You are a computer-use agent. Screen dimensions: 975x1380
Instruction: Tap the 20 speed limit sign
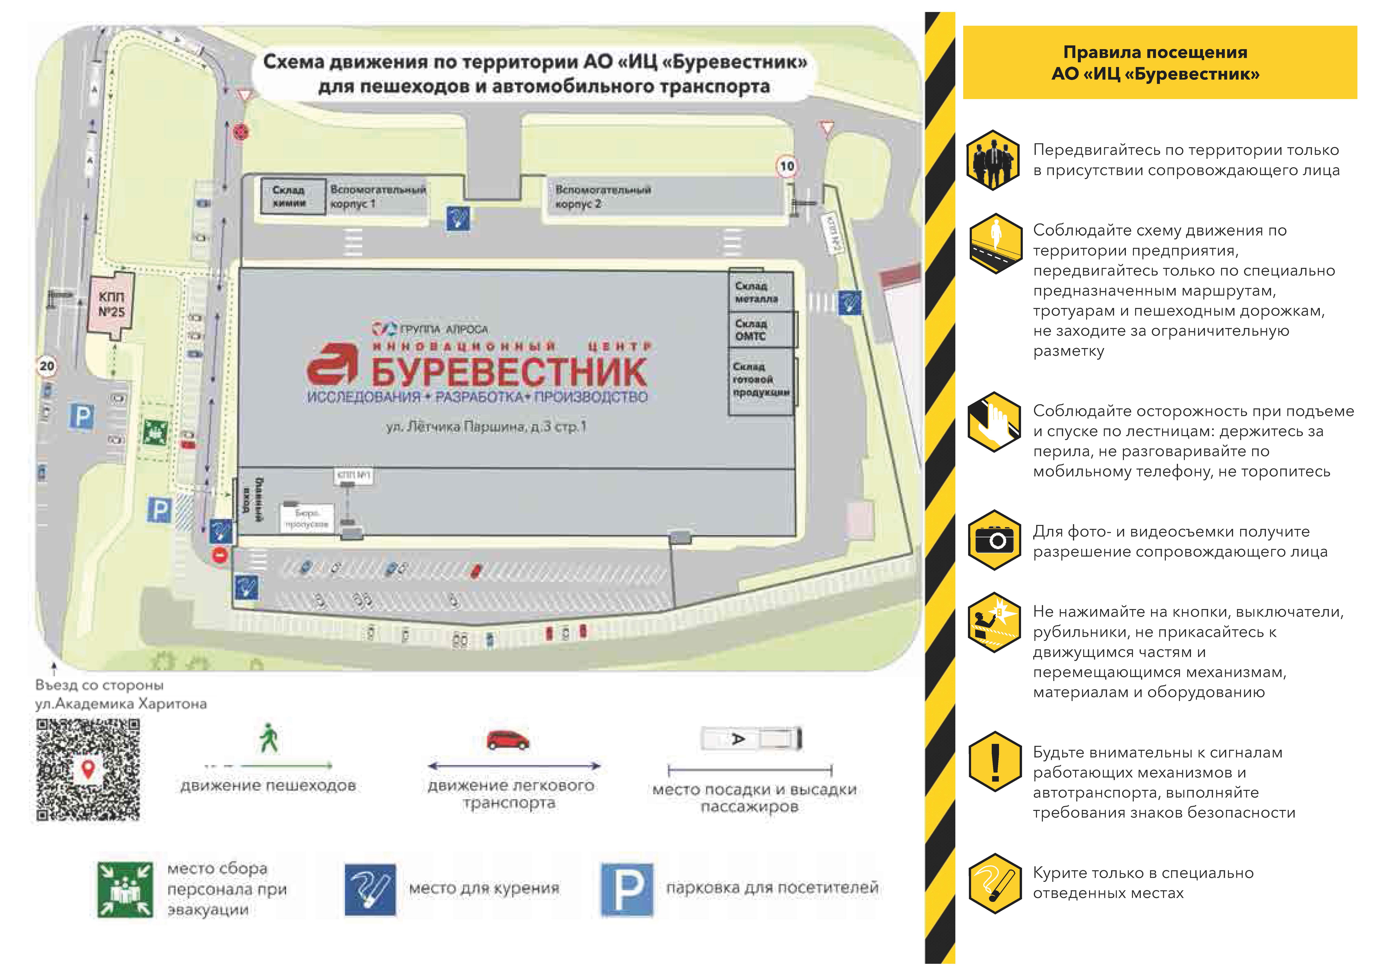[47, 366]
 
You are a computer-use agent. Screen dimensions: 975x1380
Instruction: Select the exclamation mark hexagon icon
[995, 762]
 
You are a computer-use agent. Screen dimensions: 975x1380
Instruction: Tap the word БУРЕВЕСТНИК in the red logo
[508, 372]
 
